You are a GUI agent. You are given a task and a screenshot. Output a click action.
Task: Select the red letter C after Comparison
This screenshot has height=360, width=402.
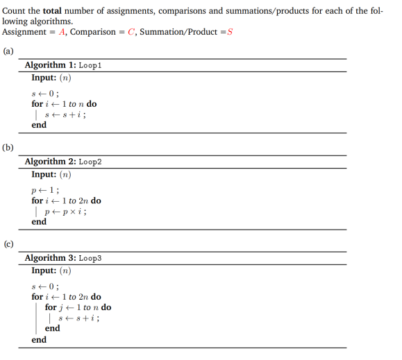[x=128, y=33]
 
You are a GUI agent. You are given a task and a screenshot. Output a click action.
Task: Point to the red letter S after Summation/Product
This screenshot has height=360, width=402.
[x=229, y=33]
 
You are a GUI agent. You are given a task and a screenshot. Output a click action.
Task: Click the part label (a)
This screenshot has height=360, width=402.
[x=8, y=51]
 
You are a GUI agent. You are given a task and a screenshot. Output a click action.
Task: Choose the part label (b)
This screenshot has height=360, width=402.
[x=8, y=148]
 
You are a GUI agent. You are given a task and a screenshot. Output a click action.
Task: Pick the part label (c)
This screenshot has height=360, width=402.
[x=8, y=244]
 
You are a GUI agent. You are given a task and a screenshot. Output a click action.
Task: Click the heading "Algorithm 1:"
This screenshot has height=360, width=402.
[x=50, y=65]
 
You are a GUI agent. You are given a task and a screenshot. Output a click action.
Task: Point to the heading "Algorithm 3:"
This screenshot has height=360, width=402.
[x=50, y=258]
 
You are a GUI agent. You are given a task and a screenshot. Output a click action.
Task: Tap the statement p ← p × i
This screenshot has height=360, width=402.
[x=65, y=211]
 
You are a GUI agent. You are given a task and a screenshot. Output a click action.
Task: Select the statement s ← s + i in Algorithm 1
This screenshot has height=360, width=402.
[x=65, y=114]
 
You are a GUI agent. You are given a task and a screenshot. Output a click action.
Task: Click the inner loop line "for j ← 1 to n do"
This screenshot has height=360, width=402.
[x=78, y=307]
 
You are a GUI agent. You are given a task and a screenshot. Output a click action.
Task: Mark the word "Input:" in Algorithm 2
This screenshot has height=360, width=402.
[x=44, y=174]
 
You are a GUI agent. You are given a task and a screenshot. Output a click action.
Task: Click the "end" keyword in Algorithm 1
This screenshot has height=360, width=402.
[x=39, y=125]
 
